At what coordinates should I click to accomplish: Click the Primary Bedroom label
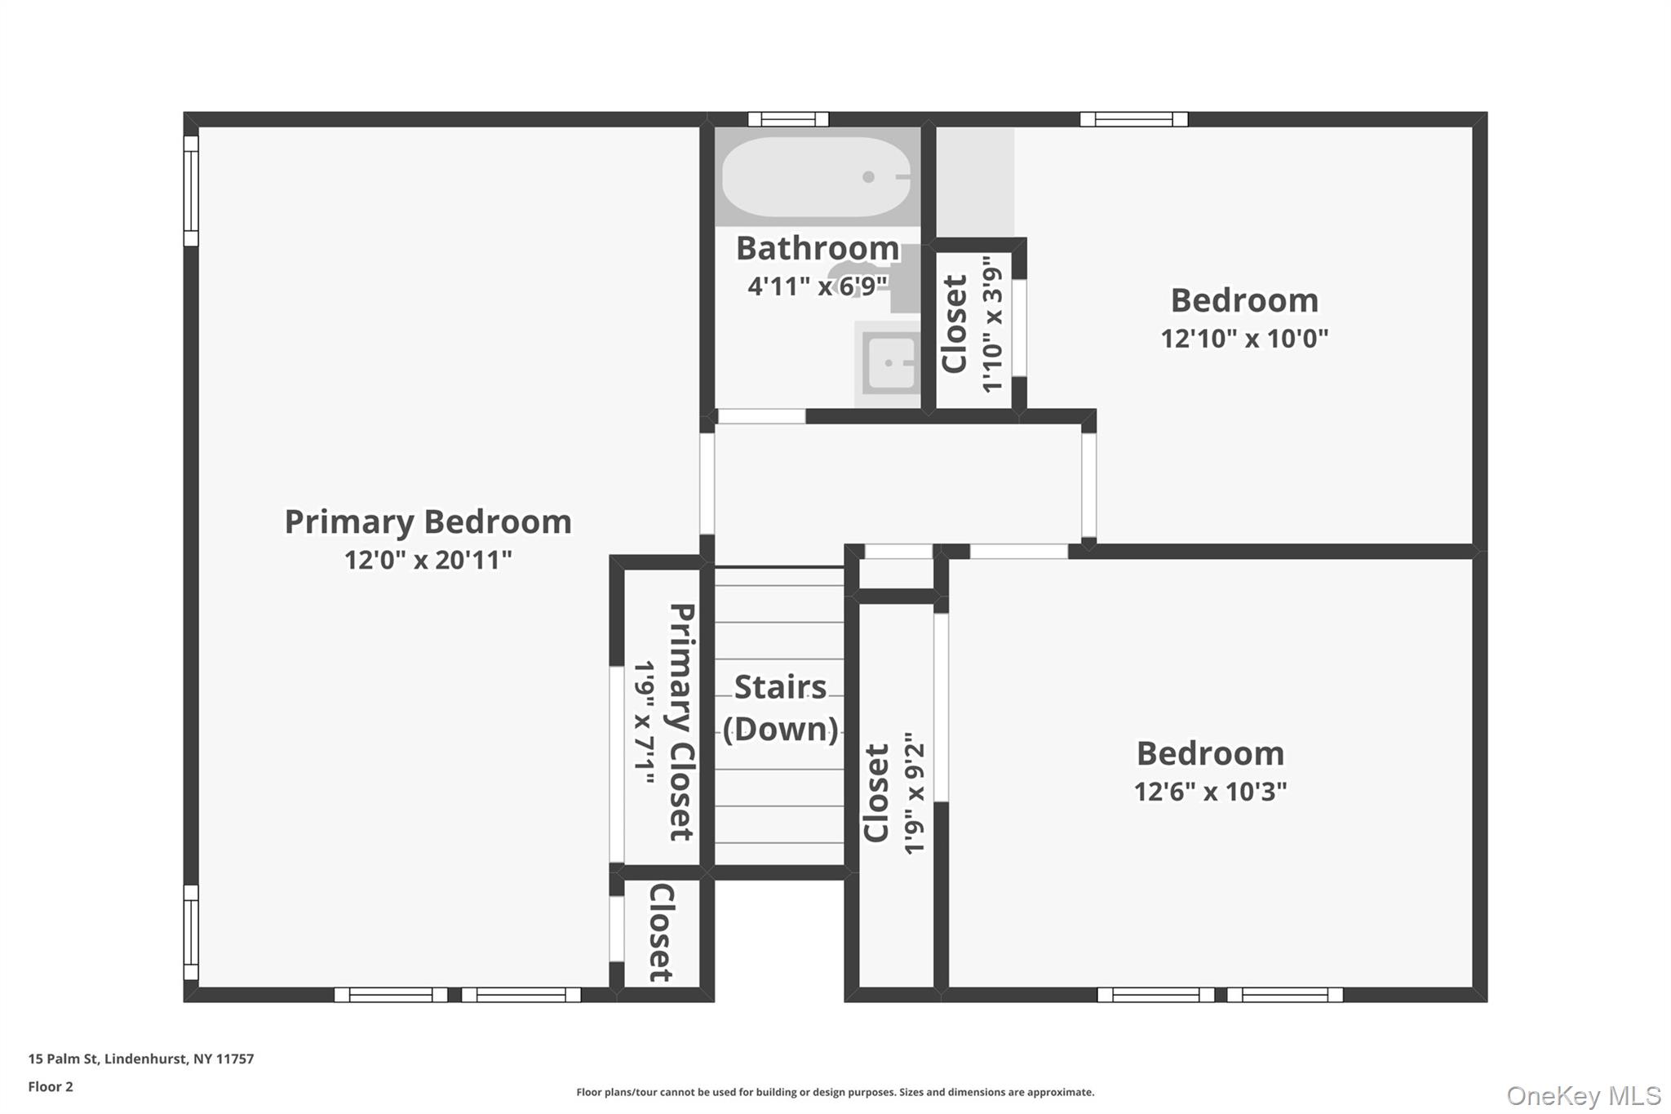(x=428, y=522)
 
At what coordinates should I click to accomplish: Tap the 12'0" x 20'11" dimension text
(x=428, y=561)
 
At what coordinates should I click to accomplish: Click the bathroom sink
(x=890, y=363)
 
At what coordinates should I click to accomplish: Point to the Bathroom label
(x=817, y=248)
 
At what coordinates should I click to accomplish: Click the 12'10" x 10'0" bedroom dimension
(x=1244, y=339)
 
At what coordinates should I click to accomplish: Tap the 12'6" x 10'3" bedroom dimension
(x=1210, y=792)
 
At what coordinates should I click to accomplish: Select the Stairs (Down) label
(x=780, y=708)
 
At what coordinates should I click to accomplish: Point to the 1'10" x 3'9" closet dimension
(x=992, y=324)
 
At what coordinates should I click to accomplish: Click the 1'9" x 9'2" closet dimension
(x=915, y=792)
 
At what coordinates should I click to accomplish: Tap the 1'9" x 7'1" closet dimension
(x=645, y=723)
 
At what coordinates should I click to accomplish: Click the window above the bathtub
(x=788, y=120)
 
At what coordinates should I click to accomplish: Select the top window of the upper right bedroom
(x=1133, y=120)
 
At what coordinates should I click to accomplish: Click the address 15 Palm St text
(x=141, y=1059)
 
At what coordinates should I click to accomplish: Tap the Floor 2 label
(x=51, y=1086)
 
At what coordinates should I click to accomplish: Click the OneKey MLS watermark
(x=1583, y=1095)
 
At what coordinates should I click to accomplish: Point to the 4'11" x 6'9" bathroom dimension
(x=817, y=286)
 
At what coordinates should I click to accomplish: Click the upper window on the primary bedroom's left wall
(x=191, y=191)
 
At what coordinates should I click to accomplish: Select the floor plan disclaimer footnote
(x=835, y=1092)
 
